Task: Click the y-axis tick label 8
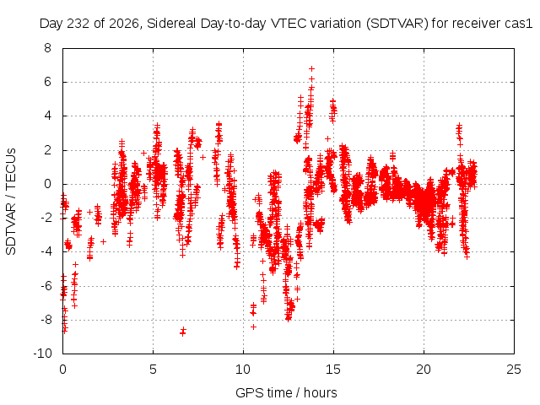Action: pos(47,48)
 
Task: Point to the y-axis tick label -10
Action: pos(42,354)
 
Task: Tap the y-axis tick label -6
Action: pos(46,285)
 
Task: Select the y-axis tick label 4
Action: pos(47,116)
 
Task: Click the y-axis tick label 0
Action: pos(47,184)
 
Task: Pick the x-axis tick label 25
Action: pos(514,370)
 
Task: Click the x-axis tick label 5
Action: pos(153,370)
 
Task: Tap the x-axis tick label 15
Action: pos(333,370)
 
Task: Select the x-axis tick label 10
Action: pos(243,370)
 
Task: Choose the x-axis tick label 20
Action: pos(424,370)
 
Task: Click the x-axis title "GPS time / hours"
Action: pos(286,393)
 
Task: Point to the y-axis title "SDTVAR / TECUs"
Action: pos(11,202)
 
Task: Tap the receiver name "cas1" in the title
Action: pos(519,24)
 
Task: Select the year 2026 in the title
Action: pos(123,24)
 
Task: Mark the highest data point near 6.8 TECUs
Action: pos(311,69)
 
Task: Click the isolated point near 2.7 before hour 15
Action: pos(327,138)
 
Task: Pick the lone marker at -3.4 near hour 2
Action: pos(103,242)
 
